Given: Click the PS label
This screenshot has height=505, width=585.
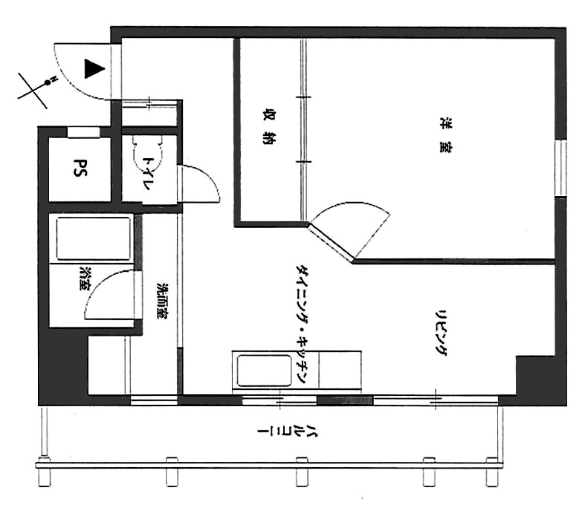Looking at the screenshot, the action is [x=80, y=168].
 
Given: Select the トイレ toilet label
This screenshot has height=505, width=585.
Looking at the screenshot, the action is [x=149, y=173].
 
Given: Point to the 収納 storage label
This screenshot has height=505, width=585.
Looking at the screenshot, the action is [x=268, y=127].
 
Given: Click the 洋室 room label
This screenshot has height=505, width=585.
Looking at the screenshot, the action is [x=445, y=135].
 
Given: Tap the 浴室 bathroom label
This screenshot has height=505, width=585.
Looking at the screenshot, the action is [x=85, y=278].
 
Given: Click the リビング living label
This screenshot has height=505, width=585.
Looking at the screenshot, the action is [x=442, y=333].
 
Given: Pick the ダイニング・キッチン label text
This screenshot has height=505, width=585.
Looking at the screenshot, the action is [x=302, y=324].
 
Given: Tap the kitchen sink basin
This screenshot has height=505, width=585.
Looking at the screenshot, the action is [x=264, y=371].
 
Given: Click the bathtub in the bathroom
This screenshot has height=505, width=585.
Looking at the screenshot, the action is [x=93, y=238].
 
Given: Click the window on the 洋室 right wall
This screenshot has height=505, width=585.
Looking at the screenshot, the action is [x=560, y=168].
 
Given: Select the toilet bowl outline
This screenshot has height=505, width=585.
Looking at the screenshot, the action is [x=148, y=149].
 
